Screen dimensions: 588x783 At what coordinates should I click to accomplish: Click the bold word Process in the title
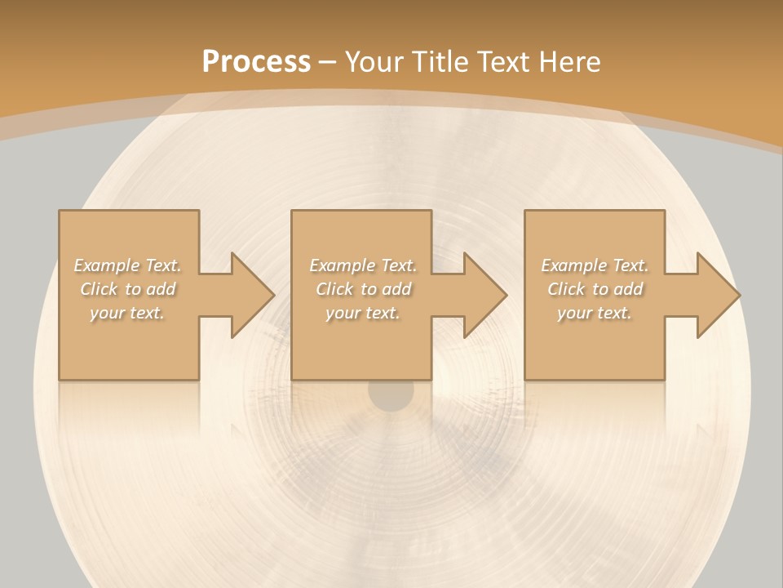(256, 61)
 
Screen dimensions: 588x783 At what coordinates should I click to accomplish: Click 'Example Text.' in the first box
(127, 265)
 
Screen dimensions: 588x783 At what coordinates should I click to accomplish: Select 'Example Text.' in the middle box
(362, 265)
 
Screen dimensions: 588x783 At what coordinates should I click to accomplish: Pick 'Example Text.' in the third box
(595, 265)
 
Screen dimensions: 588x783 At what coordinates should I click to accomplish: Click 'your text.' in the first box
(127, 313)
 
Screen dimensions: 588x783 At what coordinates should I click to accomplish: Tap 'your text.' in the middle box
(362, 313)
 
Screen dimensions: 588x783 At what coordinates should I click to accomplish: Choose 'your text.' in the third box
(595, 313)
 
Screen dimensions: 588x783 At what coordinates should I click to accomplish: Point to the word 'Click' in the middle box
(334, 289)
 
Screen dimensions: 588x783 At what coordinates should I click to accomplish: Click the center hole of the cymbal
(391, 394)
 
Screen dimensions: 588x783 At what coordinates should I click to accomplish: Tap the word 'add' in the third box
(628, 289)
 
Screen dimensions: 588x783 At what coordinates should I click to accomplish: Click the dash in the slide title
(327, 62)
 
